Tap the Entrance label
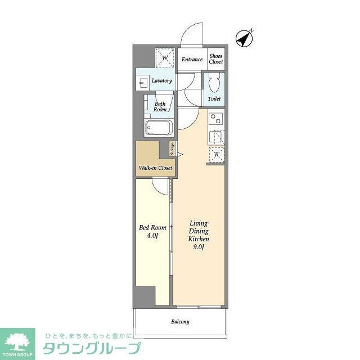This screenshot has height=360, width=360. pos(192,59)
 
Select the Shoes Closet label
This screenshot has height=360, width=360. pos(216,59)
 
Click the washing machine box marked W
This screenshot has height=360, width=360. pos(165,58)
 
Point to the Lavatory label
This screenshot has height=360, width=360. pos(161,80)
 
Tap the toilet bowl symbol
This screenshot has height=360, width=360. pos(214,85)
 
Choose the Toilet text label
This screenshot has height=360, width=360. pos(214,99)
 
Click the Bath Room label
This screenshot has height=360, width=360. pos(160,106)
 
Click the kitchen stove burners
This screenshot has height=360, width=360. pos(215,119)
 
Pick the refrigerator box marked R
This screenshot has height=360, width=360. pos(216,155)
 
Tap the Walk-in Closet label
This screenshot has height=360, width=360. pos(155,168)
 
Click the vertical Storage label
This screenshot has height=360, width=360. pos(172,149)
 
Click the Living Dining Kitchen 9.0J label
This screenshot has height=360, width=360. pos(199,235)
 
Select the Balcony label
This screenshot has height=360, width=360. pos(180,322)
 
